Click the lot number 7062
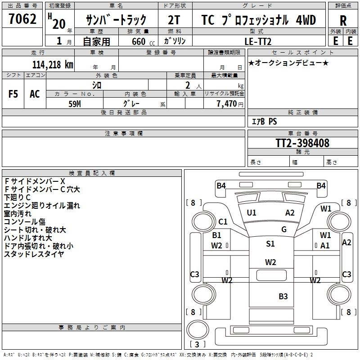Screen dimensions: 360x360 click(x=22, y=18)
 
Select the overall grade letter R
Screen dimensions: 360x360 click(x=343, y=21)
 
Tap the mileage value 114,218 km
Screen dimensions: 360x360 click(x=53, y=65)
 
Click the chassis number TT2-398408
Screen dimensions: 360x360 click(x=302, y=143)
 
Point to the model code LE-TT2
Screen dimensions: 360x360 click(x=258, y=41)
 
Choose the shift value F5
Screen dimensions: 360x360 click(x=13, y=94)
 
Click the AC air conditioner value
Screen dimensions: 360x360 click(x=35, y=94)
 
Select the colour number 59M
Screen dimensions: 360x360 click(x=75, y=104)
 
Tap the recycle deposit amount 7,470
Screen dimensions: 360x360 click(x=227, y=104)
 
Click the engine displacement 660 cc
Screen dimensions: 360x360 click(x=143, y=41)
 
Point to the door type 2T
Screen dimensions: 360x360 click(x=174, y=20)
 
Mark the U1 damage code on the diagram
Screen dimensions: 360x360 click(x=252, y=213)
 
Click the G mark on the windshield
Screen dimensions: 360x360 click(x=284, y=229)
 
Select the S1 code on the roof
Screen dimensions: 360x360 click(x=270, y=243)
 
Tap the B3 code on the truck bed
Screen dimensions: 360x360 click(x=283, y=297)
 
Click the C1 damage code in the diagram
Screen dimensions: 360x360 click(x=223, y=222)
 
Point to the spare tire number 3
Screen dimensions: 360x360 click(x=197, y=344)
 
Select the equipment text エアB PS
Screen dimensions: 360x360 click(x=264, y=121)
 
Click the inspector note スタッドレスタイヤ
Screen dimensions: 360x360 click(x=34, y=254)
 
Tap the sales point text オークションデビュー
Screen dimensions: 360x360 click(x=288, y=63)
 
